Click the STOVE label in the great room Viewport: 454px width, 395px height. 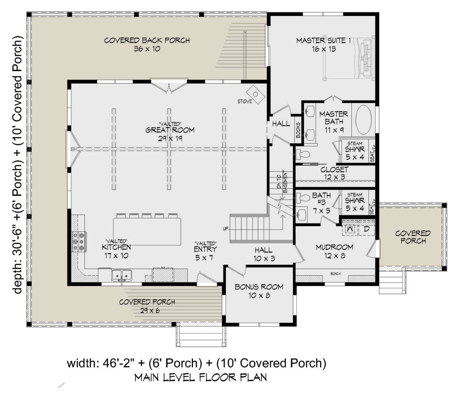pos(245,101)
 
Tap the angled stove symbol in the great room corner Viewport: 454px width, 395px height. pos(255,94)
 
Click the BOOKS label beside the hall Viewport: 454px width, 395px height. pos(298,130)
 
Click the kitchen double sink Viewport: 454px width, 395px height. pos(121,275)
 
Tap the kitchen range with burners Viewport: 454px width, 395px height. pos(79,242)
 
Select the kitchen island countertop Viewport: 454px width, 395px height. pos(147,231)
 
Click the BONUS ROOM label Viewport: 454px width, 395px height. pos(259,287)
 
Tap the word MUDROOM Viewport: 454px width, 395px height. pos(334,247)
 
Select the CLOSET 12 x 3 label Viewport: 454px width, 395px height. pos(334,173)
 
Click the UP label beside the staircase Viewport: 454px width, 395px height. pos(225,229)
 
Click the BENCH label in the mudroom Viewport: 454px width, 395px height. pos(335,274)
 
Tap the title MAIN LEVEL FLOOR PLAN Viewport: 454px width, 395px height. pos(201,377)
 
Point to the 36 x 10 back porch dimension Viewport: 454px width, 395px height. pos(147,49)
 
